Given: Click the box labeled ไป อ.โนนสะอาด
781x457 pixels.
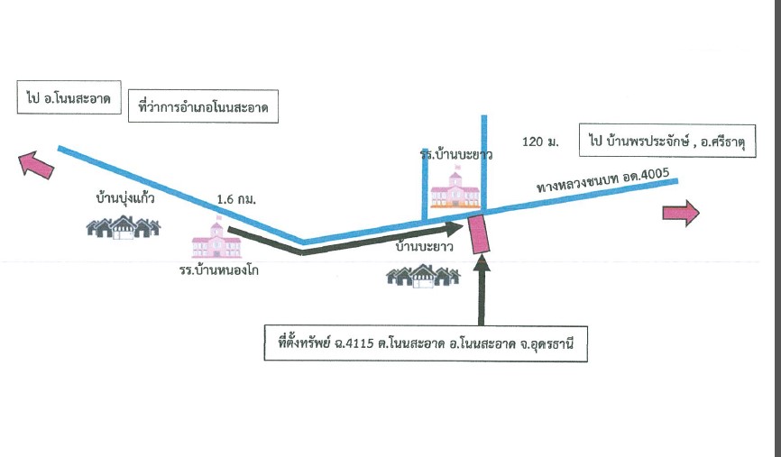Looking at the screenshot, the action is (x=69, y=97).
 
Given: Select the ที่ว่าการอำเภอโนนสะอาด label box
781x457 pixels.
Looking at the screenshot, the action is (x=203, y=106).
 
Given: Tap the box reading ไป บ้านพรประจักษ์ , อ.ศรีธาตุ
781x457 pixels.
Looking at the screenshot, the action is (x=667, y=141).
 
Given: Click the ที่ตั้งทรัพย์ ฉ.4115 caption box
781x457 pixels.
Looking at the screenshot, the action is (x=426, y=343).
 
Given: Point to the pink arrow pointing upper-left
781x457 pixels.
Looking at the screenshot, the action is (x=35, y=165).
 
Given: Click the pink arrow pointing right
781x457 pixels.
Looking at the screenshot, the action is (x=681, y=213).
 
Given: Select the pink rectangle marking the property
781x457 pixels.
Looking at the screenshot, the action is (x=479, y=233).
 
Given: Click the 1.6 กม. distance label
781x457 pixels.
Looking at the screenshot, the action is (x=236, y=199).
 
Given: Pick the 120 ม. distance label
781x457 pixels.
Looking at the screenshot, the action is (x=540, y=142).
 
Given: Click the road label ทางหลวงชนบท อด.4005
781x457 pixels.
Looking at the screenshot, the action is (x=602, y=180).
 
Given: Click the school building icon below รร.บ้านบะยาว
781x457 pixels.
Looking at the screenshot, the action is (x=455, y=189).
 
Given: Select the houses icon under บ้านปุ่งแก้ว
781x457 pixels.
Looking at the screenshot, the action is (x=123, y=227).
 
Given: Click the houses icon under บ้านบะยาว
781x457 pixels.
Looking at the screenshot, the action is (x=423, y=276).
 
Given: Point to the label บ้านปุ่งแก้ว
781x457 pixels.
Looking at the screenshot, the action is (x=125, y=198).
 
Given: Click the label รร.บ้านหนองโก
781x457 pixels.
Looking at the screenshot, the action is (x=219, y=270).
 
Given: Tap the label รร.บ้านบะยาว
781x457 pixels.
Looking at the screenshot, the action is (x=456, y=155).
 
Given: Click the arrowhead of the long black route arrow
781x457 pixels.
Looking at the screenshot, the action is (x=455, y=229).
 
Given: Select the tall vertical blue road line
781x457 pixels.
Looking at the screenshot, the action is (x=484, y=164).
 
